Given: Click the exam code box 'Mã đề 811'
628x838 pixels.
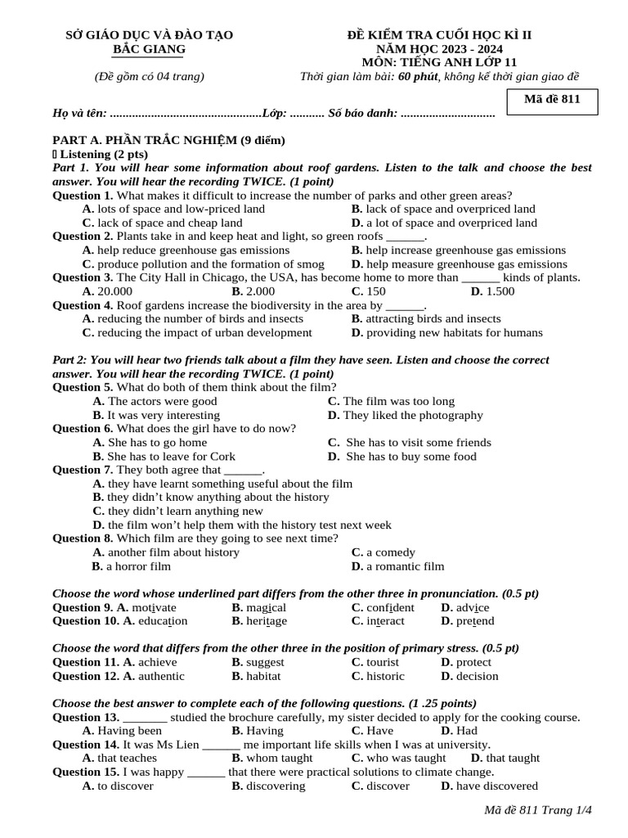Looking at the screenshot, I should click(557, 102).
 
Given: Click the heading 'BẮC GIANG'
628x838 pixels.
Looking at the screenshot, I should click(149, 49).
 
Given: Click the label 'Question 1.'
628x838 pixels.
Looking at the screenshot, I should click(83, 196).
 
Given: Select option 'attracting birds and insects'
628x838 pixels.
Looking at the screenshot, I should click(433, 318).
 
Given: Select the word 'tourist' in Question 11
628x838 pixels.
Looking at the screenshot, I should click(383, 662).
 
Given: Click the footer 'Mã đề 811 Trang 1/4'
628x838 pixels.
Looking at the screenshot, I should click(537, 810).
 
